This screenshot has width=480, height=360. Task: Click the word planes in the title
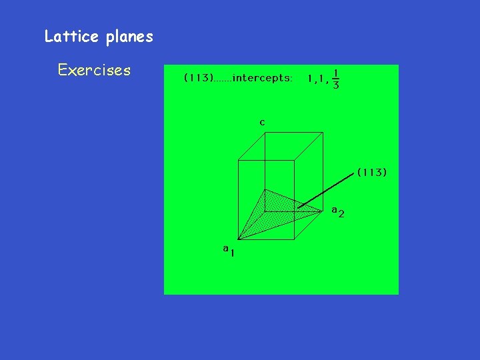tap(129, 37)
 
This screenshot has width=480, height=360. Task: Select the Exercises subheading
tap(94, 70)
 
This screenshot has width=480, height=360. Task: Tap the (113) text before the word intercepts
tap(198, 78)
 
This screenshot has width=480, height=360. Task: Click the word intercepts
tap(262, 78)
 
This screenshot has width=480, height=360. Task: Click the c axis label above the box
tap(262, 122)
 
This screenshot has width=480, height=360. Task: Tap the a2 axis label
tap(337, 211)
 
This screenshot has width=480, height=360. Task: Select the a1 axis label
tap(229, 250)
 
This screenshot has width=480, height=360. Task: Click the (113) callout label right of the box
tap(372, 172)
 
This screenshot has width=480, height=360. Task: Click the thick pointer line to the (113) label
tap(327, 189)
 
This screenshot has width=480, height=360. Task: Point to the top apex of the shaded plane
tap(265, 189)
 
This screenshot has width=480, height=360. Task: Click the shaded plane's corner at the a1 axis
tap(238, 238)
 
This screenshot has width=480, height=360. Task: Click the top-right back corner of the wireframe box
tap(324, 132)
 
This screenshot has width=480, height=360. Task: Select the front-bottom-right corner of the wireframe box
tap(294, 238)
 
